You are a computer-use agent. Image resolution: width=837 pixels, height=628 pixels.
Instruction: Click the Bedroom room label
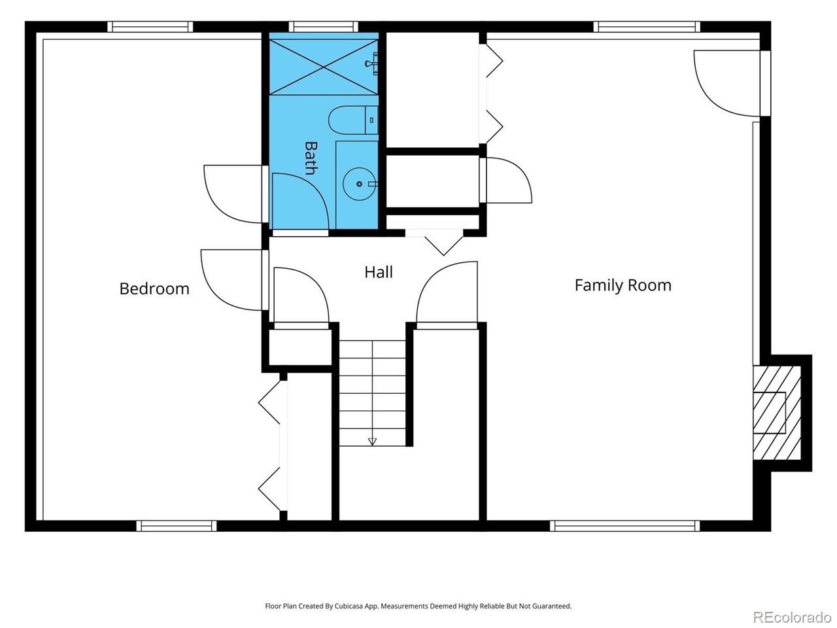(x=154, y=288)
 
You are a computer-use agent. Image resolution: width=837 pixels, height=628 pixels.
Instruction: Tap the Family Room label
(x=623, y=285)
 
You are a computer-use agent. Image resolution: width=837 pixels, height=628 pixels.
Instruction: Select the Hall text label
(x=378, y=272)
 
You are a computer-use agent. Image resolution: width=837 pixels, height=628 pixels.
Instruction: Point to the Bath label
(x=311, y=158)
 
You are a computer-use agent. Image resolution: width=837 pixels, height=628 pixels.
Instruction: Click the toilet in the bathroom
(x=353, y=120)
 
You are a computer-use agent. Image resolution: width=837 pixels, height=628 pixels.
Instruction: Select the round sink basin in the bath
(x=359, y=184)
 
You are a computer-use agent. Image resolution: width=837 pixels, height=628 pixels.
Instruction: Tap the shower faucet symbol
(x=372, y=63)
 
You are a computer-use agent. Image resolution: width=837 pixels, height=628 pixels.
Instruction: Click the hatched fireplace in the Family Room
(x=776, y=413)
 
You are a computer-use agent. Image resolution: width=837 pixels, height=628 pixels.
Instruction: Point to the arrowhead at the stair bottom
(x=372, y=442)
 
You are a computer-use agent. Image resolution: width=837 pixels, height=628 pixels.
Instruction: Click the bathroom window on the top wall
(x=324, y=27)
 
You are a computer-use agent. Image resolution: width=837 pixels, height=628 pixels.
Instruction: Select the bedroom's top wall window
(x=150, y=27)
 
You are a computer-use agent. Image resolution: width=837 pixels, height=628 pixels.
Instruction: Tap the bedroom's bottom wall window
(x=177, y=526)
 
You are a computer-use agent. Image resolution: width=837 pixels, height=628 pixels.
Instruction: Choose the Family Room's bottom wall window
(x=624, y=526)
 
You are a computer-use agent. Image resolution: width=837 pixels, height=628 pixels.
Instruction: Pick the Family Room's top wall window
(x=647, y=27)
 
